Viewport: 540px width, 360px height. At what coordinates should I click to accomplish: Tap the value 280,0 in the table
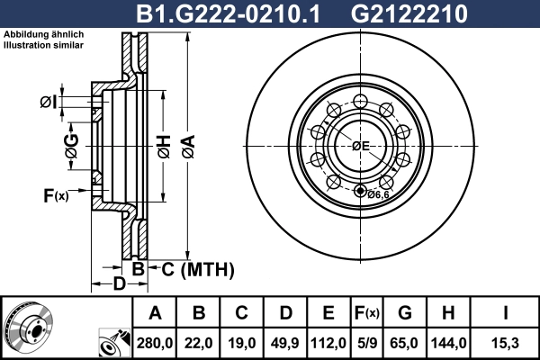click(x=155, y=342)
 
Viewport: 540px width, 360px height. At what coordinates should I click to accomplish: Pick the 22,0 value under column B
click(x=199, y=342)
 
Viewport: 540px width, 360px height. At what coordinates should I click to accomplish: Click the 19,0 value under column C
click(x=242, y=342)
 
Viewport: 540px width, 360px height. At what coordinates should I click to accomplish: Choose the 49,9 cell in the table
click(x=285, y=342)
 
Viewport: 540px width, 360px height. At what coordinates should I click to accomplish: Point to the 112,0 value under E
click(x=328, y=342)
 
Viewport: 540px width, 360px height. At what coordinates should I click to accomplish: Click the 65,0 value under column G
click(x=405, y=342)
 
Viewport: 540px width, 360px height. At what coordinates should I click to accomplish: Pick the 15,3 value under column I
click(x=504, y=342)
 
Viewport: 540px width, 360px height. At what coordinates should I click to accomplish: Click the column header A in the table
click(x=155, y=313)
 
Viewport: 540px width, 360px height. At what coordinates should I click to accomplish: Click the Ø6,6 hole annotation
click(x=376, y=193)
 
